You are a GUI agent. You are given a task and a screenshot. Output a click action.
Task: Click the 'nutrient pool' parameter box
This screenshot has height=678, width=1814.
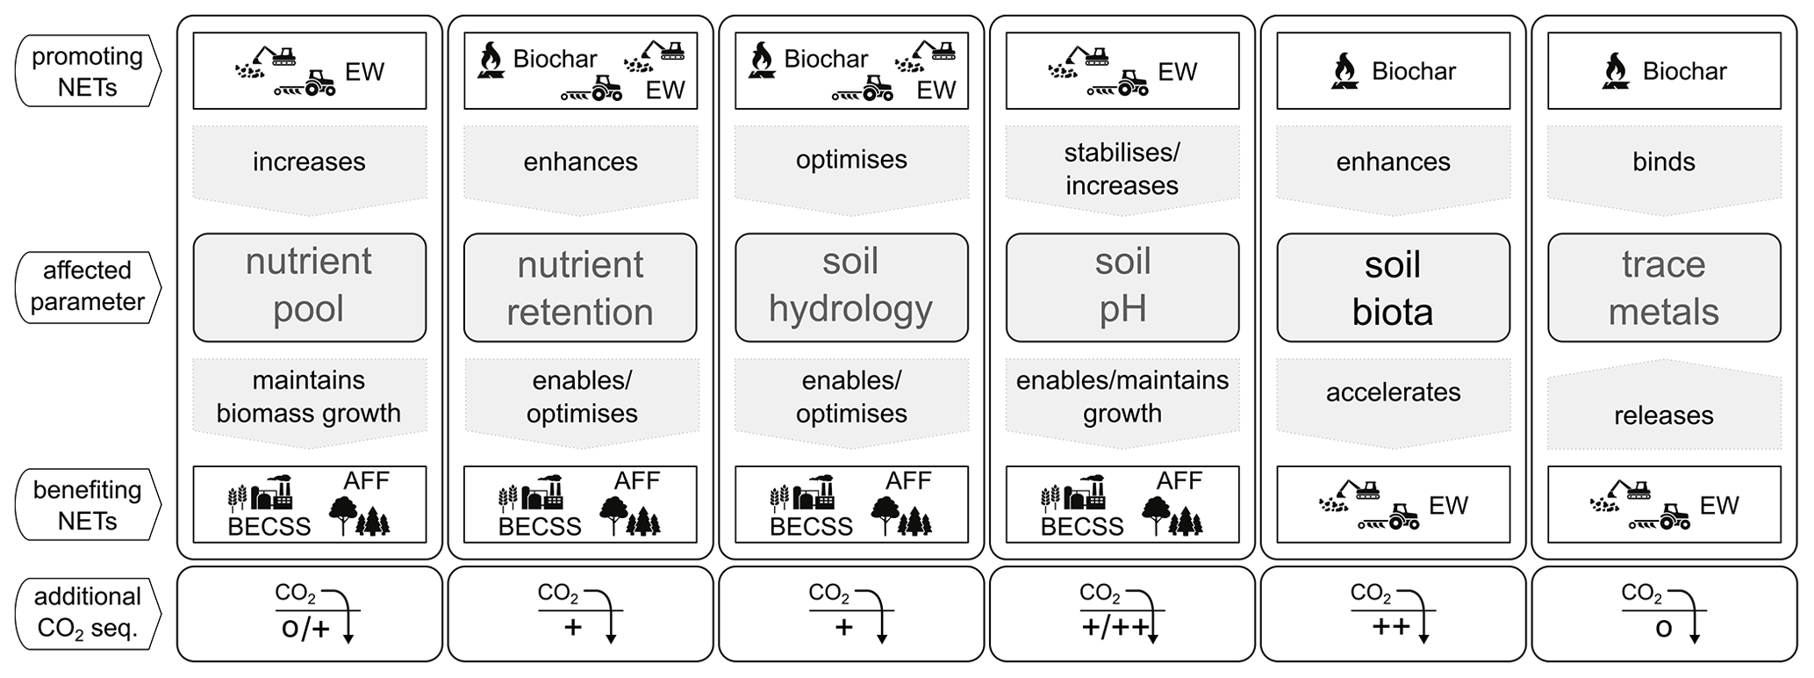click(309, 286)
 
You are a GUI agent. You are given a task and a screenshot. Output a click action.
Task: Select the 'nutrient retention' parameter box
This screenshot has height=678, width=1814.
click(580, 286)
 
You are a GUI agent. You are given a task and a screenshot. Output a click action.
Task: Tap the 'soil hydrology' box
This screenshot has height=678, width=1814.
click(851, 286)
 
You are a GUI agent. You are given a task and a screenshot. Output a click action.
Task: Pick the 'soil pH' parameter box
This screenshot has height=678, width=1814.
click(1122, 286)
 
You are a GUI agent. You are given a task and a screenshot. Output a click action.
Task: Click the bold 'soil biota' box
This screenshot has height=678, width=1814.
click(1393, 286)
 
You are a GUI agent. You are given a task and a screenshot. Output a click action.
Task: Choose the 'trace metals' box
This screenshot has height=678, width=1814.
click(1664, 286)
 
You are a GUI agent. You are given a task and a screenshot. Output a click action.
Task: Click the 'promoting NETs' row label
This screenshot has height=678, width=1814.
click(87, 71)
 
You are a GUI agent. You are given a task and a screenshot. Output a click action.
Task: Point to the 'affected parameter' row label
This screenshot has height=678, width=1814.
click(87, 286)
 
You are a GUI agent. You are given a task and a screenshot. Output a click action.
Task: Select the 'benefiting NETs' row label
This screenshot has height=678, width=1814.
click(87, 505)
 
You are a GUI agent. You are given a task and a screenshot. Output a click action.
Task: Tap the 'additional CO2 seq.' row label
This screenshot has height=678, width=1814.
click(87, 613)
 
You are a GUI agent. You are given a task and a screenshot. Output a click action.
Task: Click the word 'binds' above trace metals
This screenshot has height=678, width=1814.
click(1664, 162)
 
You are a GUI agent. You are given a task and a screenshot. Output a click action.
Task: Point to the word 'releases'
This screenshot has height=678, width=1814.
click(1664, 415)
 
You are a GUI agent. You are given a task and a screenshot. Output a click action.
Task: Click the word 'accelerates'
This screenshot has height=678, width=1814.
click(1393, 392)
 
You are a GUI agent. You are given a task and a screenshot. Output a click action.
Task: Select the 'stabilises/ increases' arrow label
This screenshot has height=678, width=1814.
click(1122, 169)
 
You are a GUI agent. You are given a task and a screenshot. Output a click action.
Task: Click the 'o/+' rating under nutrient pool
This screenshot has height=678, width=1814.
click(305, 628)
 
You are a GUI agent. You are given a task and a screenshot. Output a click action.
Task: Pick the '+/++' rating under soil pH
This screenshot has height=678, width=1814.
click(1113, 628)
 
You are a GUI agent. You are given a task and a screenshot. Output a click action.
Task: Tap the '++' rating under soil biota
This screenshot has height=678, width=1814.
click(1391, 626)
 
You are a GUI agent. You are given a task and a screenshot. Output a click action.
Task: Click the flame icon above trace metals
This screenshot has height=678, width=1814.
click(1616, 71)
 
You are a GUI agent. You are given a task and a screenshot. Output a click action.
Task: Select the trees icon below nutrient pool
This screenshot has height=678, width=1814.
click(360, 516)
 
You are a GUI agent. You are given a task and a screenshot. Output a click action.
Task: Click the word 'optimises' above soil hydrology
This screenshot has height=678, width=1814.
click(851, 160)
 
